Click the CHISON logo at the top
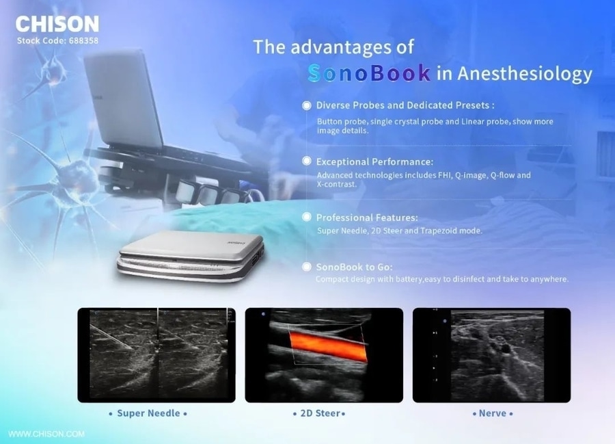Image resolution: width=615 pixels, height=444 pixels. [x=57, y=24]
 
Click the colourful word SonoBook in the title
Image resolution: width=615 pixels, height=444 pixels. [x=369, y=73]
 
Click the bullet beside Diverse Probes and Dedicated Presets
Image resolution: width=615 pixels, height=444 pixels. [x=307, y=105]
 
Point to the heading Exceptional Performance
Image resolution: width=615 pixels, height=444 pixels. [x=374, y=161]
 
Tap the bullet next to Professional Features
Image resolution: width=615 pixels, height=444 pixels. [x=307, y=217]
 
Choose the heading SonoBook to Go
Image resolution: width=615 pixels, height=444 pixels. [x=354, y=267]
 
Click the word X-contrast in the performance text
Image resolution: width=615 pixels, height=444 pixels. [x=336, y=184]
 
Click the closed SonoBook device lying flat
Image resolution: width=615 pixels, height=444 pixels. [x=191, y=256]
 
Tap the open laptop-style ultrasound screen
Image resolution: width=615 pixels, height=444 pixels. [x=123, y=99]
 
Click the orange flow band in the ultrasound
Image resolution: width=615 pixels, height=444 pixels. [x=329, y=346]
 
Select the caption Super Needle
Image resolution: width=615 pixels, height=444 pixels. [x=148, y=413]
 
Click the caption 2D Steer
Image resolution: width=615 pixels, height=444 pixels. [x=320, y=413]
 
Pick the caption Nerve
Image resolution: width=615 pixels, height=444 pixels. [x=493, y=413]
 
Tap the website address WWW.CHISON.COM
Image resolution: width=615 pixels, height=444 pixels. [x=46, y=434]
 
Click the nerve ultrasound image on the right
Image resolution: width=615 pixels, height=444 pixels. [x=491, y=355]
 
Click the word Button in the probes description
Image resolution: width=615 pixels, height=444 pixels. [x=329, y=122]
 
